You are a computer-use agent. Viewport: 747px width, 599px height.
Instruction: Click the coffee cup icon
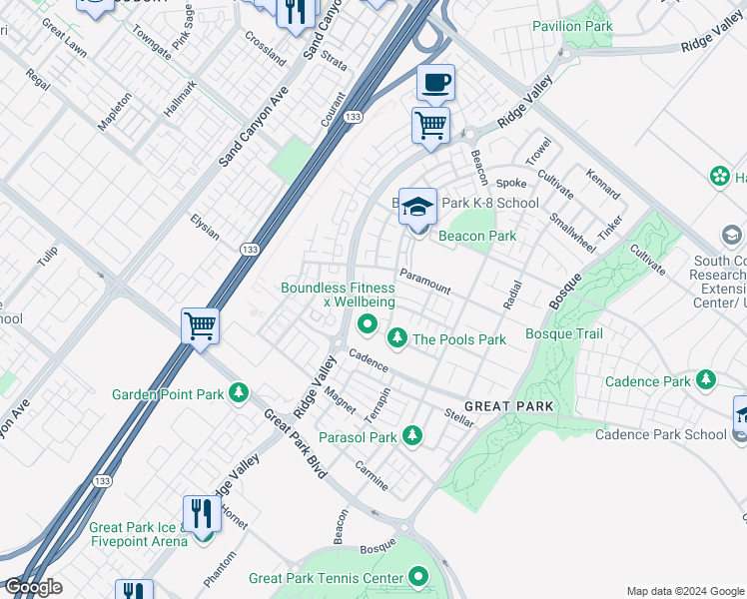(x=434, y=83)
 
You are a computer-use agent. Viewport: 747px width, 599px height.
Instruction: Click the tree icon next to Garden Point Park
(x=239, y=394)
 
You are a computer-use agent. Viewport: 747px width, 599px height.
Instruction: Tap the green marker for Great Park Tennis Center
(x=418, y=577)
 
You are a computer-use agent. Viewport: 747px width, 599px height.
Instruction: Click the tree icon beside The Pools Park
(x=397, y=339)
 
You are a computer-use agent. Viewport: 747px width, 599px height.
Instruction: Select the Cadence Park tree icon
(x=706, y=380)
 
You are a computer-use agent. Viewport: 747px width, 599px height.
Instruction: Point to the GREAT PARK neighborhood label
(x=508, y=406)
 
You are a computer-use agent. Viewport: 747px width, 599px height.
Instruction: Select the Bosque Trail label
(x=563, y=333)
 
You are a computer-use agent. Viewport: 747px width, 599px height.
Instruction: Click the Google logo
(x=32, y=587)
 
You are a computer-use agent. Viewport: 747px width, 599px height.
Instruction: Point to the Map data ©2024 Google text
(x=684, y=591)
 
